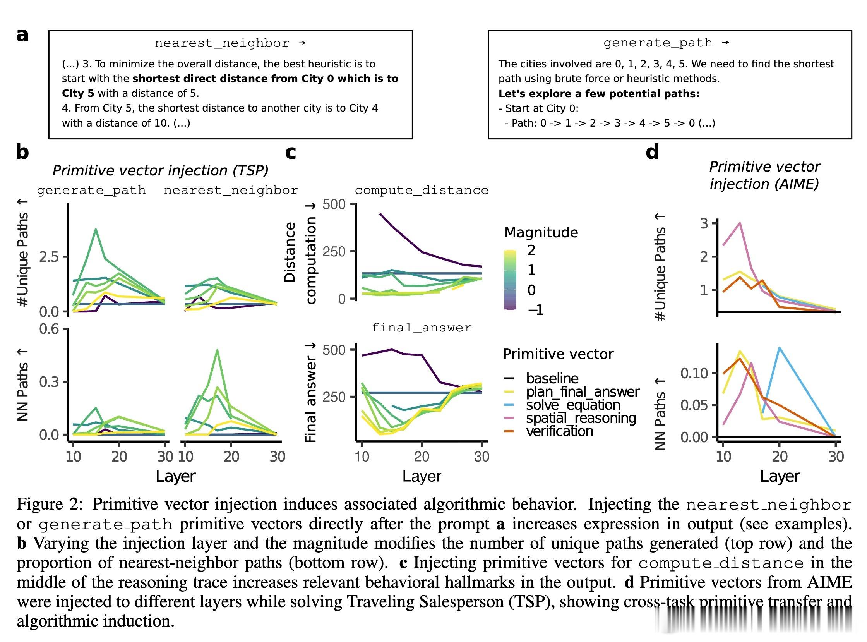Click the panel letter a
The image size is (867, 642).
tap(22, 35)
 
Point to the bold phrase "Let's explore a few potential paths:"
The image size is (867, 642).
tap(599, 94)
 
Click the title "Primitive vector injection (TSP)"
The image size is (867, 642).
tap(160, 170)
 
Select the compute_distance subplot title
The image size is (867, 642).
tap(422, 190)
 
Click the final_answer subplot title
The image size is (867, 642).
tap(422, 328)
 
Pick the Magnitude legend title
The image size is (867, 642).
tap(541, 232)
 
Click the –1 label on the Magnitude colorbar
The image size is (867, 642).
tap(535, 310)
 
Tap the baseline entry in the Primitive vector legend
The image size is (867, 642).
tap(552, 378)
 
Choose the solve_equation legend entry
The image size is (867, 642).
tap(573, 405)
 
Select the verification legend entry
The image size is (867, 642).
tap(559, 431)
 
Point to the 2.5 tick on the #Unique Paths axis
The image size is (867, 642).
tap(48, 256)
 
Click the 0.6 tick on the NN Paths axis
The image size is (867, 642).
tap(49, 329)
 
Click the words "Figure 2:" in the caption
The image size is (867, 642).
tap(50, 504)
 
